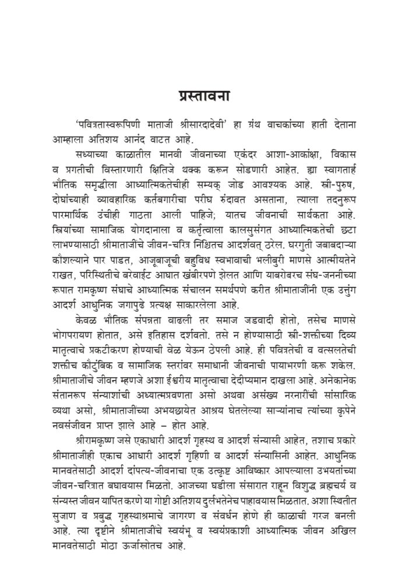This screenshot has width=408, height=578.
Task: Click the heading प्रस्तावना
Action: coord(203,95)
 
